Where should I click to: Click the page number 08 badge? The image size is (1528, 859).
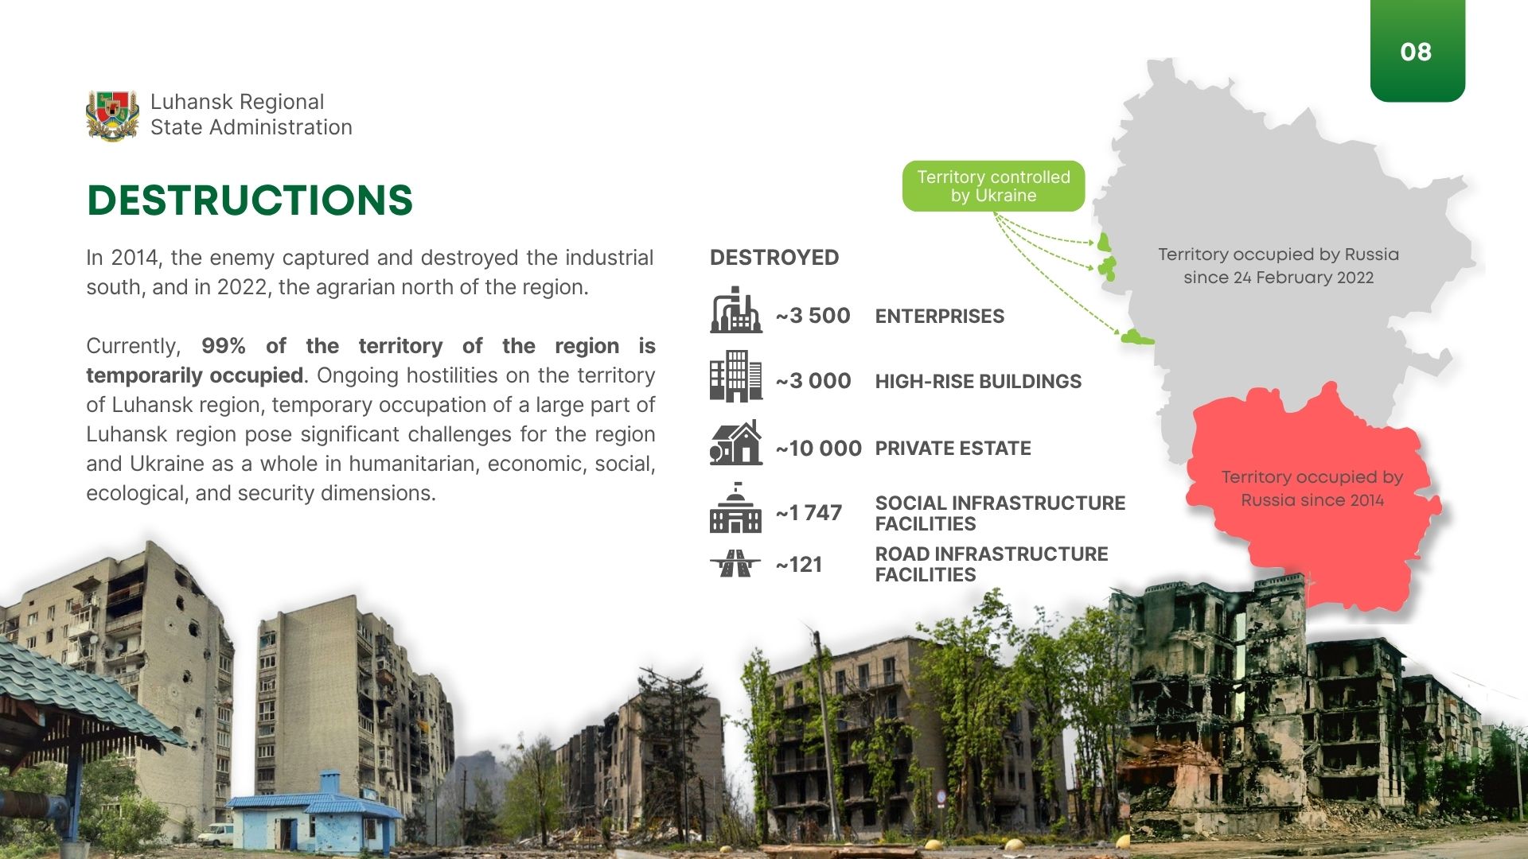click(x=1417, y=51)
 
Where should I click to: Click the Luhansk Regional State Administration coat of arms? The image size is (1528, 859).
click(x=112, y=115)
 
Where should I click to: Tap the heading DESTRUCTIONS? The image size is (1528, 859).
click(x=250, y=200)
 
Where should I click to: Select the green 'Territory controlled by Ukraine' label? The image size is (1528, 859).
click(x=993, y=186)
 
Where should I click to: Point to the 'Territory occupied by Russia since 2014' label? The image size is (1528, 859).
click(x=1312, y=488)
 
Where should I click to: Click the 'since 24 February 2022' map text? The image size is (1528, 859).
click(x=1278, y=278)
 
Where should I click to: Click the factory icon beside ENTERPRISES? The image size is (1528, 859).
click(x=736, y=309)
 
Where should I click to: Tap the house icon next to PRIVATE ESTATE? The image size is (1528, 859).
click(x=736, y=442)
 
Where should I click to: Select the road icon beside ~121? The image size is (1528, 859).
click(x=735, y=563)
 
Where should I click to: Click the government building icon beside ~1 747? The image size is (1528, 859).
click(x=736, y=507)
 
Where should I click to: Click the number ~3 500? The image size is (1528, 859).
click(x=813, y=316)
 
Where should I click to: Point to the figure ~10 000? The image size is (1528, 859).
click(x=818, y=449)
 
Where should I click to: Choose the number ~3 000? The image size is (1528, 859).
click(x=813, y=381)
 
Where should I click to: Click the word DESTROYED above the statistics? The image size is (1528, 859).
click(x=774, y=258)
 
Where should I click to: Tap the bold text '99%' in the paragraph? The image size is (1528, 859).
click(x=223, y=346)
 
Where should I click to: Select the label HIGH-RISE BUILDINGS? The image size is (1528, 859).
click(x=978, y=382)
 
